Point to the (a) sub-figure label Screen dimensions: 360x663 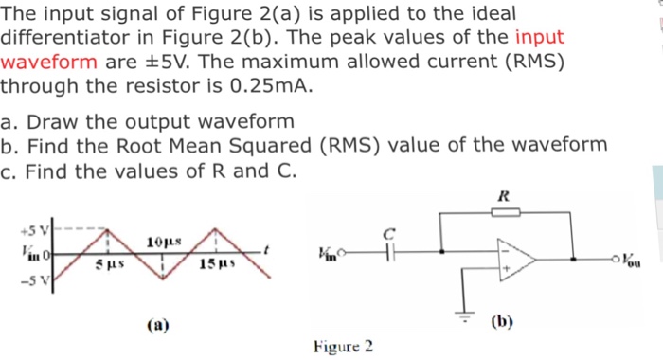(157, 324)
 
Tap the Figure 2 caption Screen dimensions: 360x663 (343, 345)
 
